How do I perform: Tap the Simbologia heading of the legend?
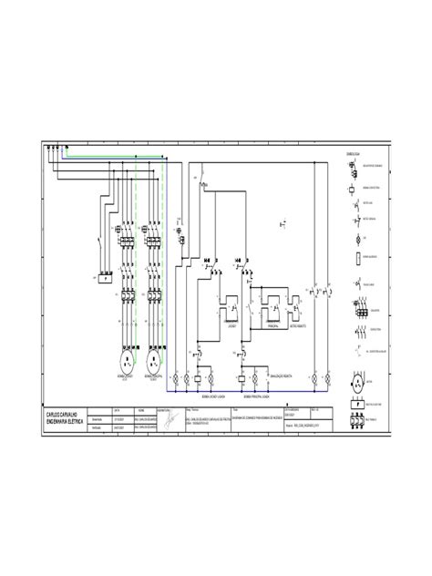click(x=348, y=155)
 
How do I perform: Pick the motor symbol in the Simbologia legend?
click(x=356, y=384)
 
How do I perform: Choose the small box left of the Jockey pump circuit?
click(x=102, y=278)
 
